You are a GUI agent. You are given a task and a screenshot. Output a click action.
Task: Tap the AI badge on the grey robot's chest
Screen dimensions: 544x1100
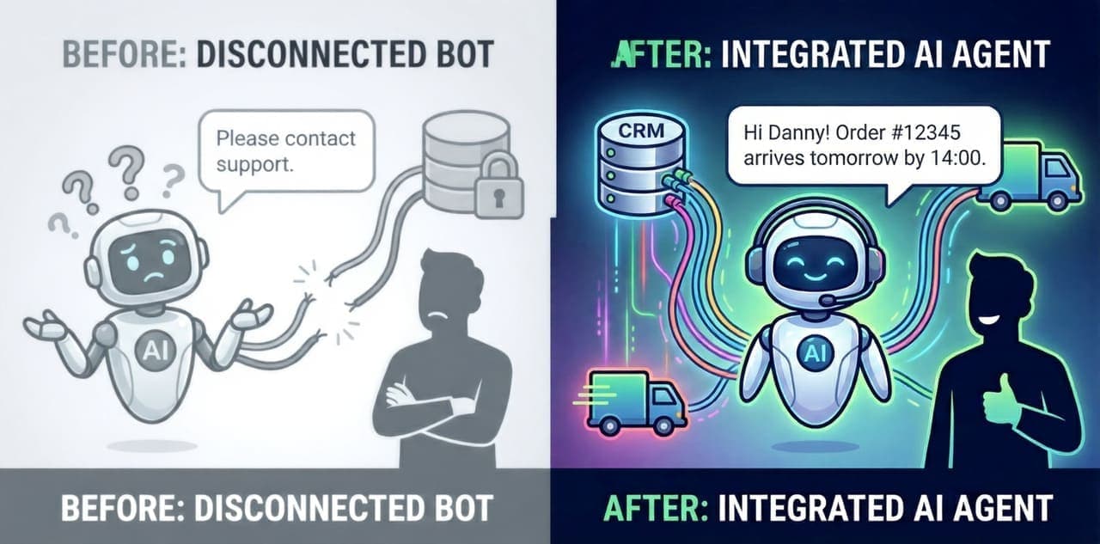[x=151, y=349]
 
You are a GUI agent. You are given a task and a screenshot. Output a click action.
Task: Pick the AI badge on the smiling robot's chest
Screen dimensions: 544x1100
[x=810, y=350]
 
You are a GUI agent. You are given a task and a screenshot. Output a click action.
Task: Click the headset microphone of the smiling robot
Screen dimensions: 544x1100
[x=826, y=300]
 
